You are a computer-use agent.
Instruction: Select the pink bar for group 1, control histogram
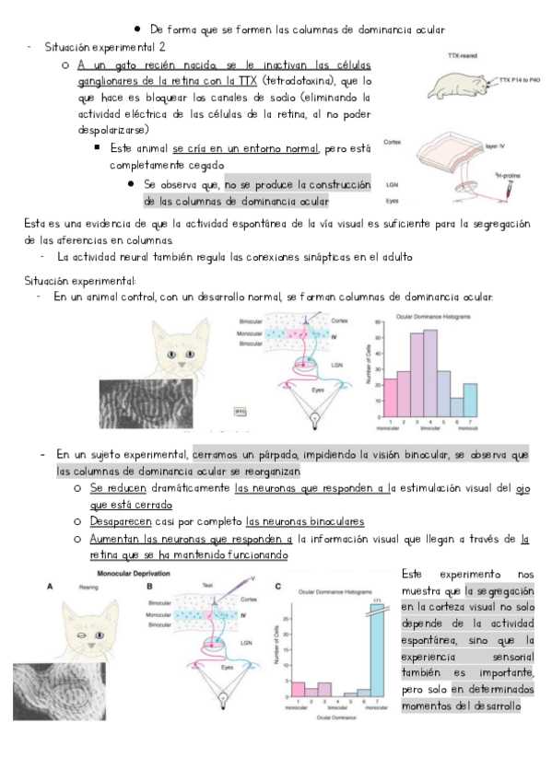point(390,395)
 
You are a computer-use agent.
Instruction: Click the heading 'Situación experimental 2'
point(105,47)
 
